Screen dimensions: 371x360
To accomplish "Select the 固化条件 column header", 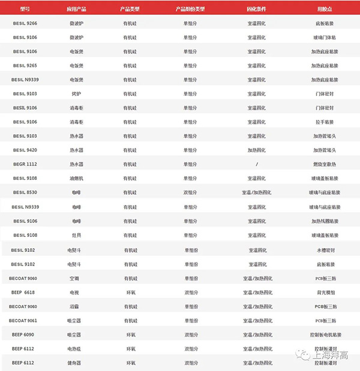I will [256, 10].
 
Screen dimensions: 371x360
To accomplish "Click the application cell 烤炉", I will [76, 93].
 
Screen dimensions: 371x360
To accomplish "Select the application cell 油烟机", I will [76, 178].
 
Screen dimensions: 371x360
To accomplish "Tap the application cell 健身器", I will [76, 363].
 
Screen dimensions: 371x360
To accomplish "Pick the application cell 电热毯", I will [76, 348].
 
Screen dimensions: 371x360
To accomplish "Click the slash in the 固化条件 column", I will [256, 164].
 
